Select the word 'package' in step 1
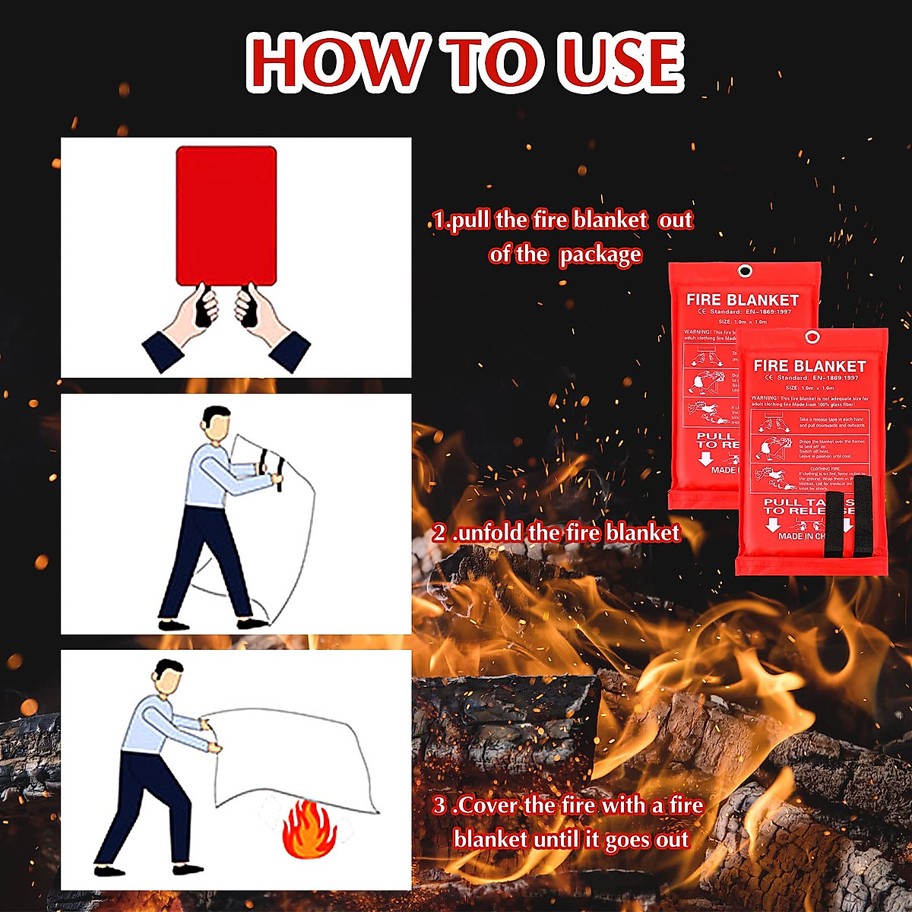[x=600, y=255]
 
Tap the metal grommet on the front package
[x=812, y=338]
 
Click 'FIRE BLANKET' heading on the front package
[x=809, y=366]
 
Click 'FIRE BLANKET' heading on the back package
[x=743, y=299]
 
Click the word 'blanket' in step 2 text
[x=638, y=533]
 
